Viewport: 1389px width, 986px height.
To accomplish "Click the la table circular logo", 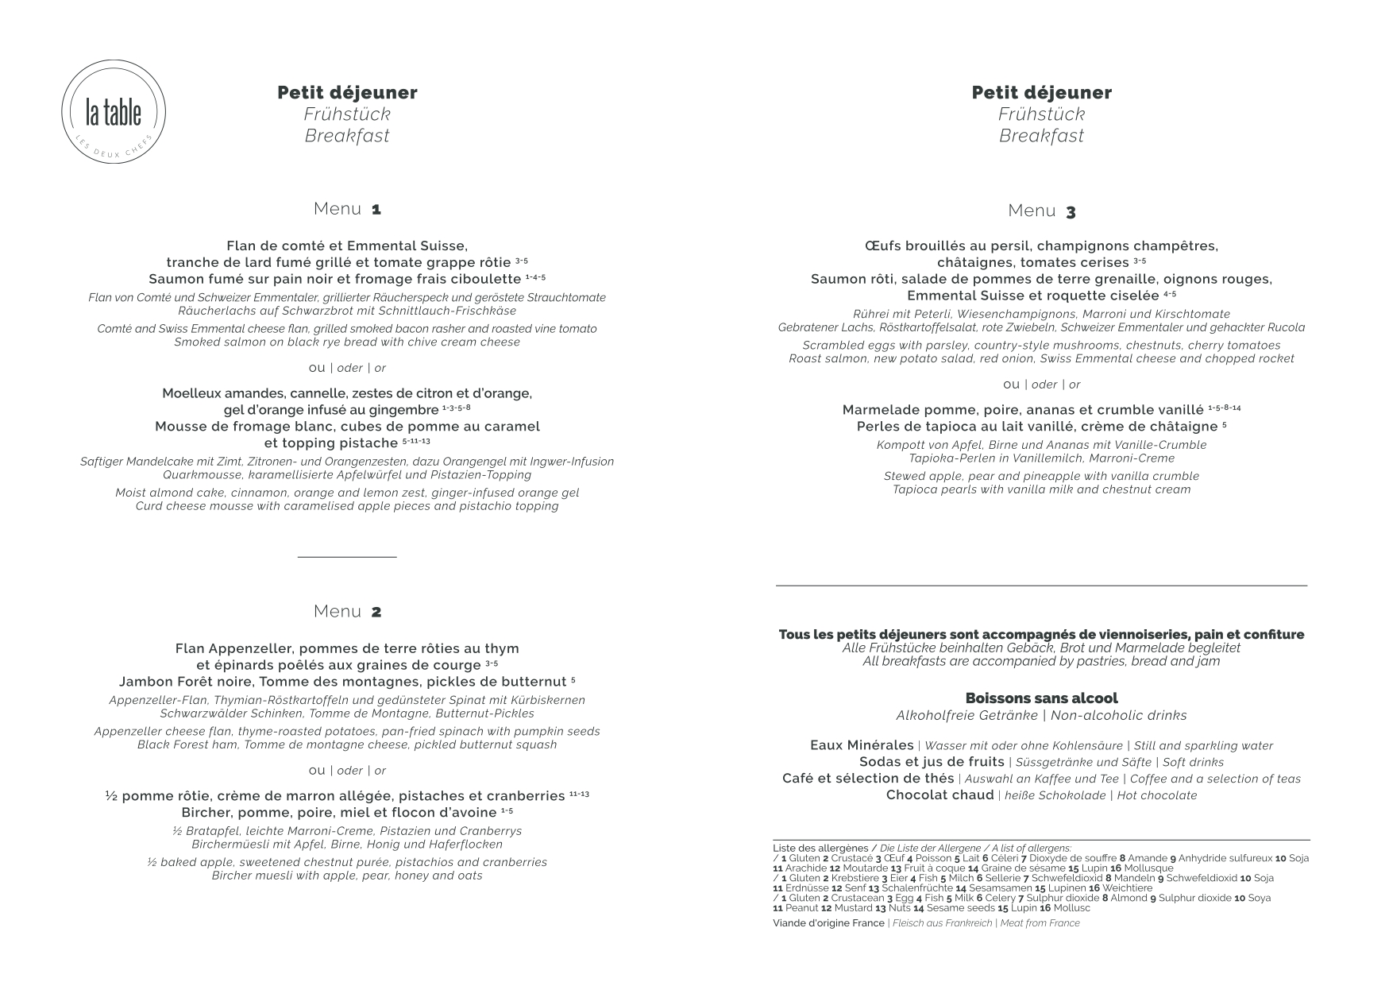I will coord(114,113).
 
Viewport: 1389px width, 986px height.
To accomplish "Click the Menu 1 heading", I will coord(347,209).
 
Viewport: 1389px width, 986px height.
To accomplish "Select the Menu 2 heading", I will coord(347,611).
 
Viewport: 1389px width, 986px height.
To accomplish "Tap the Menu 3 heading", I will coord(1041,211).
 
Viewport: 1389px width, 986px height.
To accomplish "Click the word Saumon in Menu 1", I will coord(172,280).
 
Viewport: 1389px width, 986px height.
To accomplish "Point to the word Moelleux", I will coord(194,394).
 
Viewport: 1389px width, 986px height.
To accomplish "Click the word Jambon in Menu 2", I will coord(145,682).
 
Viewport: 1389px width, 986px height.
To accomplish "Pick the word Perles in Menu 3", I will coord(879,427).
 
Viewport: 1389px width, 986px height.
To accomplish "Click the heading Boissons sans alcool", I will coord(1041,698).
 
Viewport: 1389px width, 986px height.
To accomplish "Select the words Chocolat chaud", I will coord(940,795).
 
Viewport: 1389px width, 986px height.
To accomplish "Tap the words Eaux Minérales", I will coord(862,745).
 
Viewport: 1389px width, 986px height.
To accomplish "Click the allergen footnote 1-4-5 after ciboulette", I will coord(535,277).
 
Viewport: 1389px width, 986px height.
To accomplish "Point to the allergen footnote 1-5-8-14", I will coord(1224,408).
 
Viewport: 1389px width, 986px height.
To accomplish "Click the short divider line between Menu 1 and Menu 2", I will coord(347,558).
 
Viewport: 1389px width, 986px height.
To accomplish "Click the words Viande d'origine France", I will coord(828,923).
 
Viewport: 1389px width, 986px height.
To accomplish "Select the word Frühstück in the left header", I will coord(347,114).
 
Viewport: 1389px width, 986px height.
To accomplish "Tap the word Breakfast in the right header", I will coord(1041,136).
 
